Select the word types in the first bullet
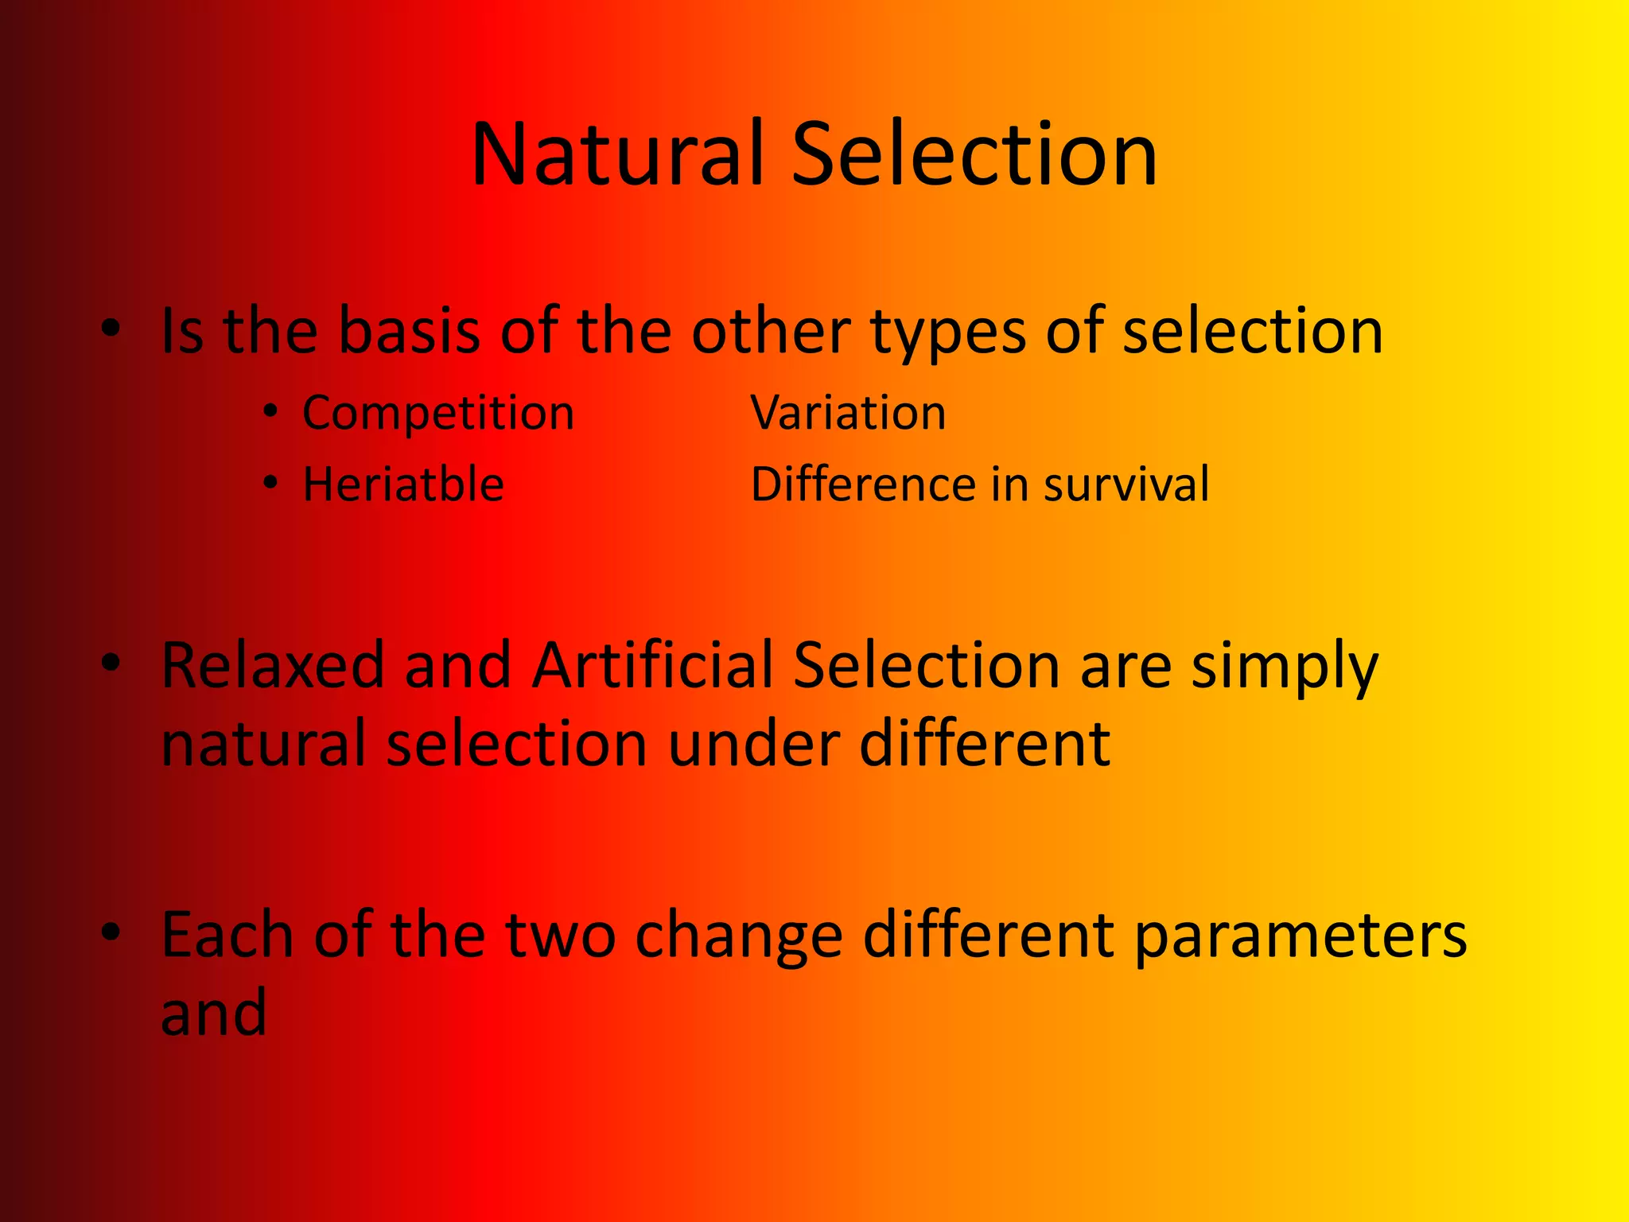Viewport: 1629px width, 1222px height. (x=948, y=333)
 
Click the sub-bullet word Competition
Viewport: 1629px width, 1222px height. (x=437, y=414)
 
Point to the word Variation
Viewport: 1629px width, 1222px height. (x=849, y=414)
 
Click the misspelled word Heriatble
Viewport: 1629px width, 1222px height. (x=403, y=485)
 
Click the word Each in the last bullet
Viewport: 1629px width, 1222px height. (x=227, y=935)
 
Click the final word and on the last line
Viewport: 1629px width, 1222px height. (x=213, y=1013)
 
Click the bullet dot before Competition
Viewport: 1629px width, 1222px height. (x=271, y=411)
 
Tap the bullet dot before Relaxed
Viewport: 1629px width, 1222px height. (x=111, y=661)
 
